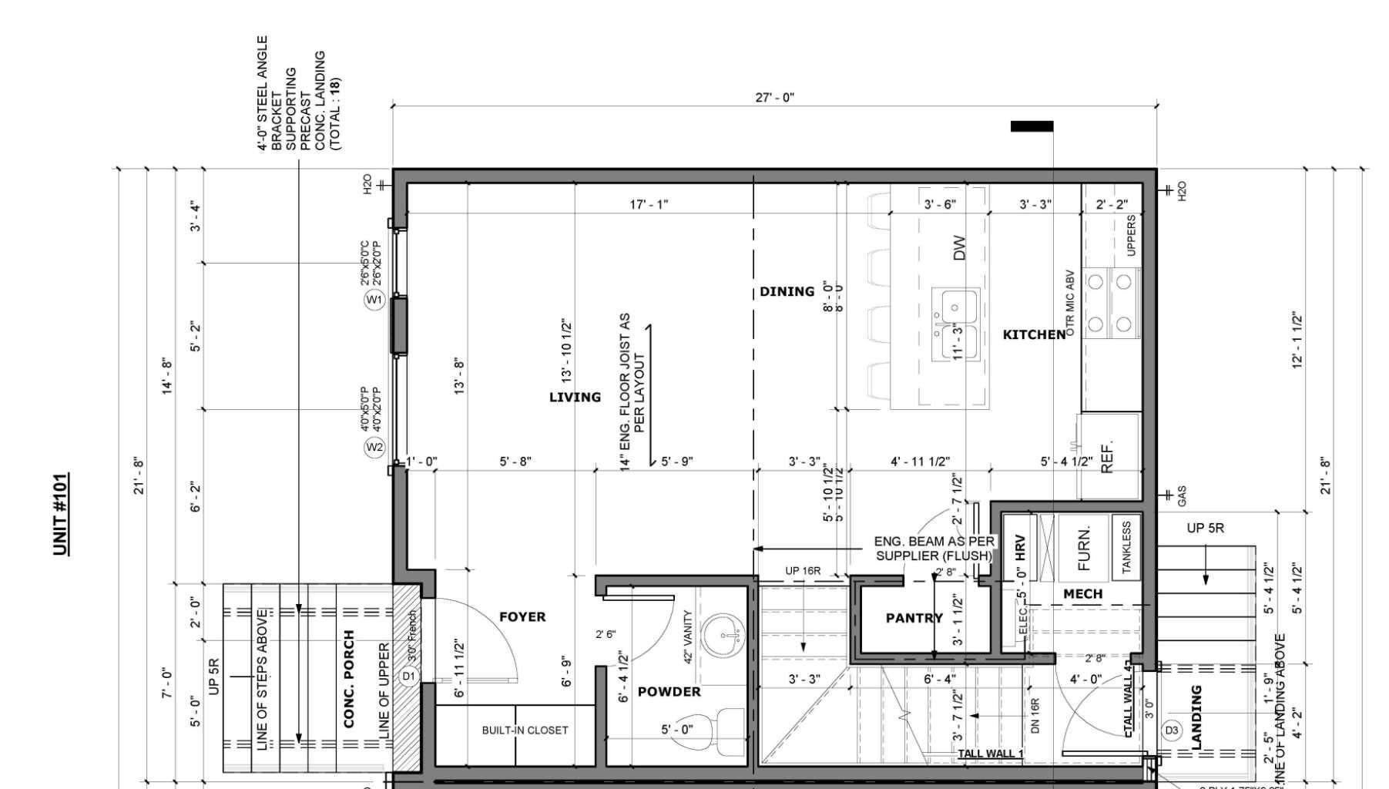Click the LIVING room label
pyautogui.click(x=575, y=398)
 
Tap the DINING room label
pyautogui.click(x=787, y=292)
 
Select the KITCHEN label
pyautogui.click(x=1034, y=334)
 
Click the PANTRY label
pyautogui.click(x=914, y=618)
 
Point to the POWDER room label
pyautogui.click(x=669, y=692)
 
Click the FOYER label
pyautogui.click(x=522, y=617)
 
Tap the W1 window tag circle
pyautogui.click(x=374, y=300)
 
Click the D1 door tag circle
pyautogui.click(x=408, y=677)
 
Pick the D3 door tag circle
pyautogui.click(x=1171, y=730)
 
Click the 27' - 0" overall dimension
pyautogui.click(x=774, y=98)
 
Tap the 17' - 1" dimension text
pyautogui.click(x=649, y=205)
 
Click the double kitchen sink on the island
pyautogui.click(x=955, y=324)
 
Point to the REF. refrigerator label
pyautogui.click(x=1107, y=458)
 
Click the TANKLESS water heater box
pyautogui.click(x=1126, y=548)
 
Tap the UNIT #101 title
pyautogui.click(x=61, y=514)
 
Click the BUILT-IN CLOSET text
pyautogui.click(x=525, y=730)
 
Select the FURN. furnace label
pyautogui.click(x=1084, y=549)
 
